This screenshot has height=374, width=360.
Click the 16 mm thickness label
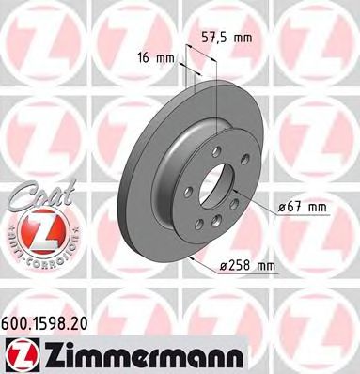(155, 57)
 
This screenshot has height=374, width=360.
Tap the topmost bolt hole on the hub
(216, 149)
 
